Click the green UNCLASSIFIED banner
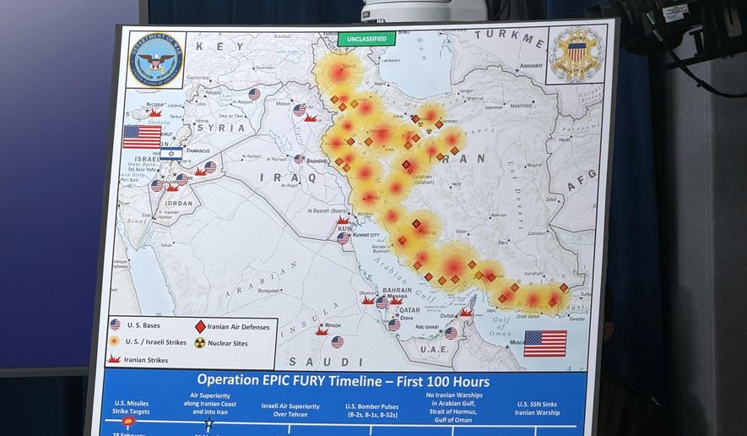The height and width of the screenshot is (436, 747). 366,39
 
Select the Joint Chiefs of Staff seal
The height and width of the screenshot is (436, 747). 576,54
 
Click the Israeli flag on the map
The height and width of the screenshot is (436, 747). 171,154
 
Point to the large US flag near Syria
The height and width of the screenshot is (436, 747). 142,137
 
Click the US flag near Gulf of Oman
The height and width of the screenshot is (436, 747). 544,343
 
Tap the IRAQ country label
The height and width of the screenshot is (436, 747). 275,177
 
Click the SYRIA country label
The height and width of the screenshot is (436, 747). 221,128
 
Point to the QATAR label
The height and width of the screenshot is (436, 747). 409,310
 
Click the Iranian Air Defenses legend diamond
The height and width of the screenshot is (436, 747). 200,326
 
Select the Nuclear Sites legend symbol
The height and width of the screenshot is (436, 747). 200,343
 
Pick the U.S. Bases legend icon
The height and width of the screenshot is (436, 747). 115,324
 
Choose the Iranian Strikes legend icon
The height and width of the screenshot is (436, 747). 115,359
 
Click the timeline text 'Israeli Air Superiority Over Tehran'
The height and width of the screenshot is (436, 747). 290,411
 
